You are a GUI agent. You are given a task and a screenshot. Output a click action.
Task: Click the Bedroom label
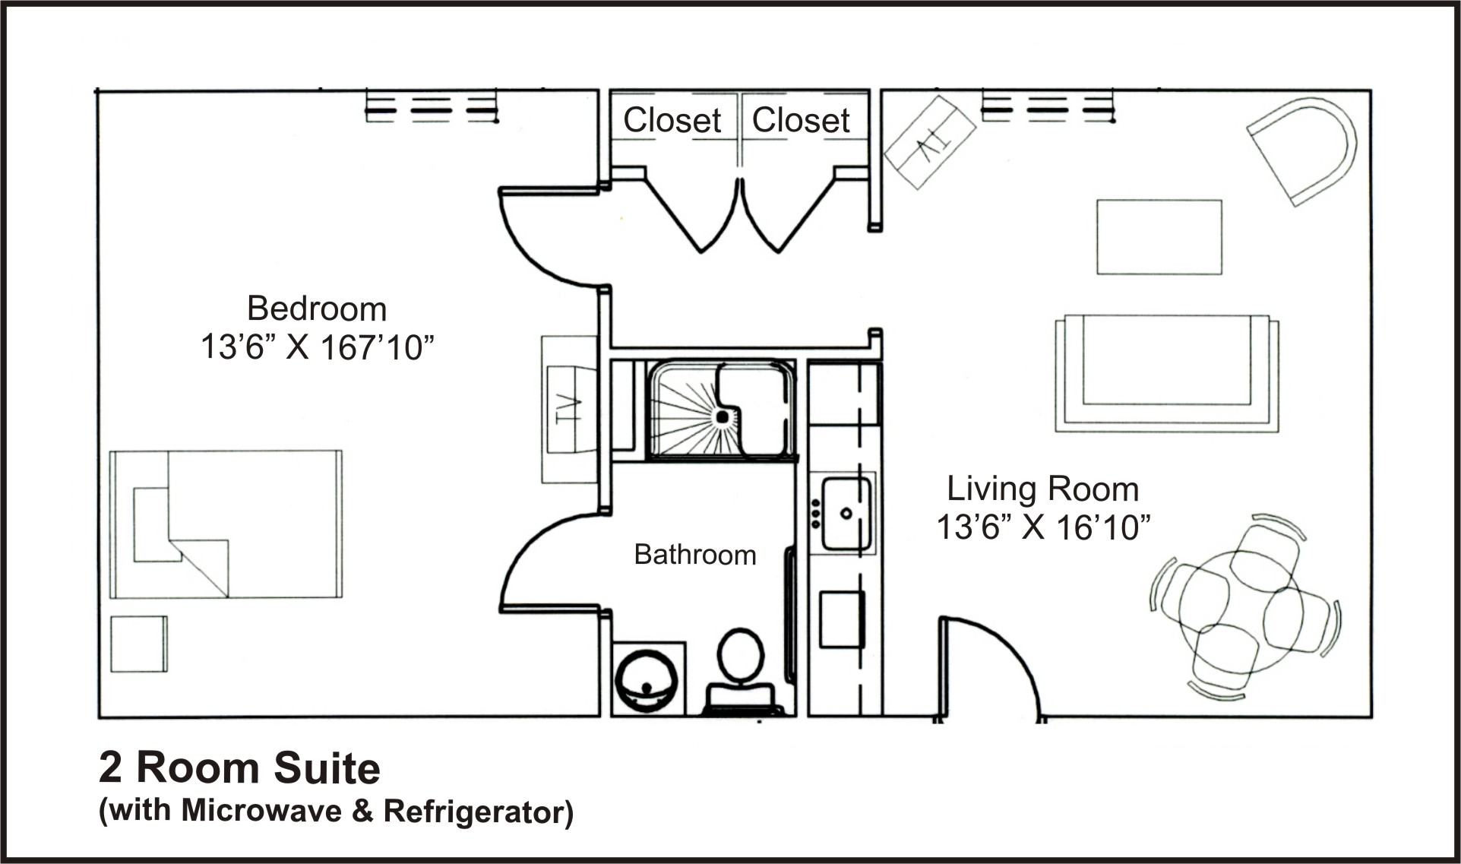(x=317, y=309)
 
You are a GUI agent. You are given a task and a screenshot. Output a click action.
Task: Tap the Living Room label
(x=1042, y=489)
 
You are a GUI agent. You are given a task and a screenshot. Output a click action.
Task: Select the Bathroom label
(x=695, y=555)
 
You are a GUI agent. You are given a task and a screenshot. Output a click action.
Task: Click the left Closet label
(x=672, y=120)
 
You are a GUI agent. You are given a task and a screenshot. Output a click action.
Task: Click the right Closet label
(x=801, y=120)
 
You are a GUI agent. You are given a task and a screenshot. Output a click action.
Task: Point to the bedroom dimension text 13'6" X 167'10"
(x=317, y=347)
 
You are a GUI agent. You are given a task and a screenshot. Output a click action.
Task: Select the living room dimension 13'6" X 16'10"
(x=1043, y=527)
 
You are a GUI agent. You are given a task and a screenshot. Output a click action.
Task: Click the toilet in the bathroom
(x=741, y=673)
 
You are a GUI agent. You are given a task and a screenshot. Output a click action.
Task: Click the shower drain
(x=723, y=416)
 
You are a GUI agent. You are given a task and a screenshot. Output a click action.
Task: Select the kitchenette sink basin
(x=846, y=513)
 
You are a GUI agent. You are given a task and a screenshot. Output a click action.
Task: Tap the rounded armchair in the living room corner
(x=1302, y=150)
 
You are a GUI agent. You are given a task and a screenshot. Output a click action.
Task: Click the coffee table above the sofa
(x=1159, y=237)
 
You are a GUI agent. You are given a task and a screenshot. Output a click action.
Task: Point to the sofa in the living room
(x=1167, y=373)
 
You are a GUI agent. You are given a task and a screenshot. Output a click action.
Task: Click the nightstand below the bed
(x=139, y=644)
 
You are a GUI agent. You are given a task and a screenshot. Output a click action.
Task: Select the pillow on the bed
(x=152, y=524)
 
